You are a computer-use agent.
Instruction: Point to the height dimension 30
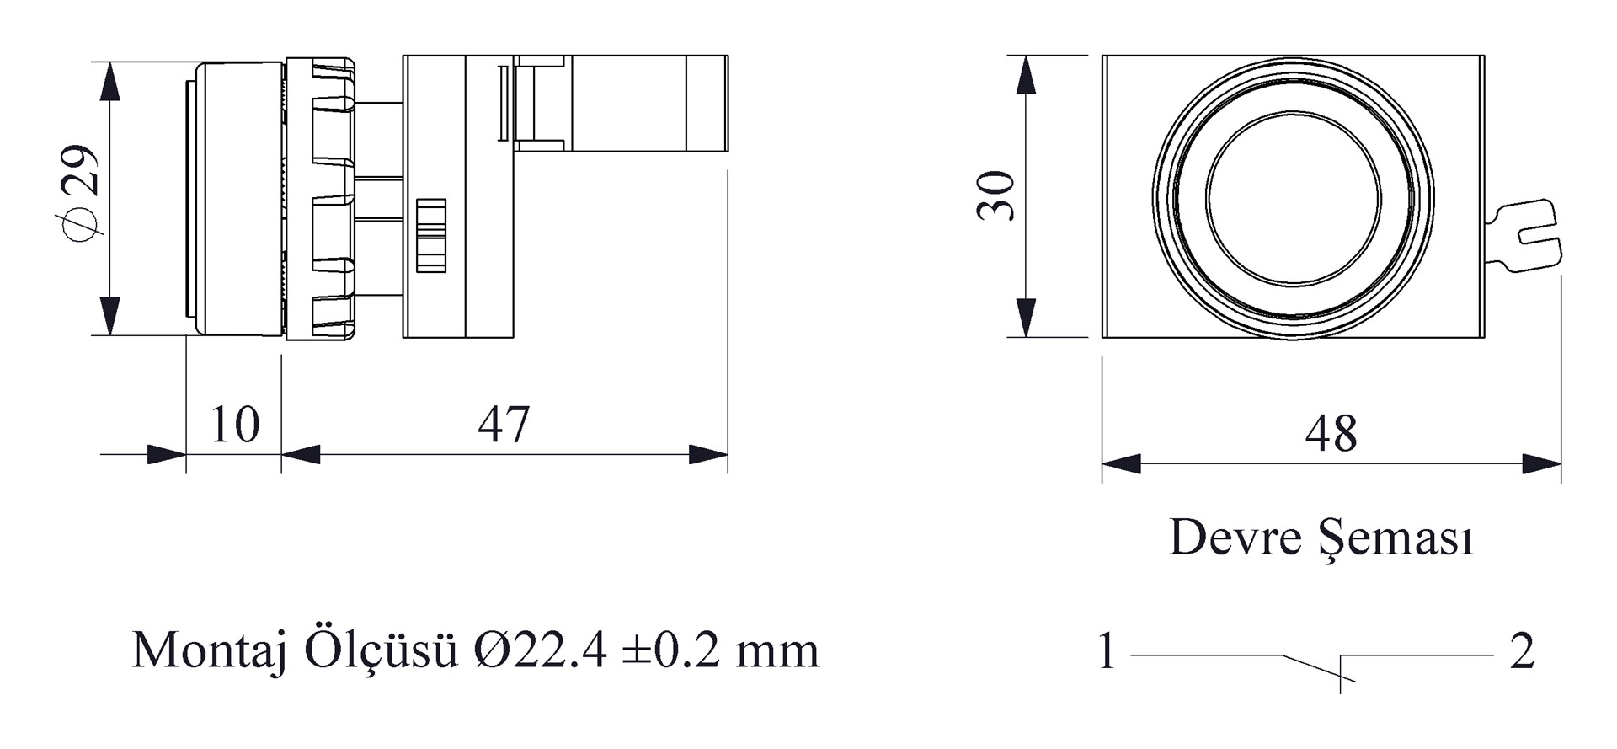tap(996, 195)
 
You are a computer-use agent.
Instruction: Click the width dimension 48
tap(1331, 433)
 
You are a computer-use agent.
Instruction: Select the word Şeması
tap(1396, 538)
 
